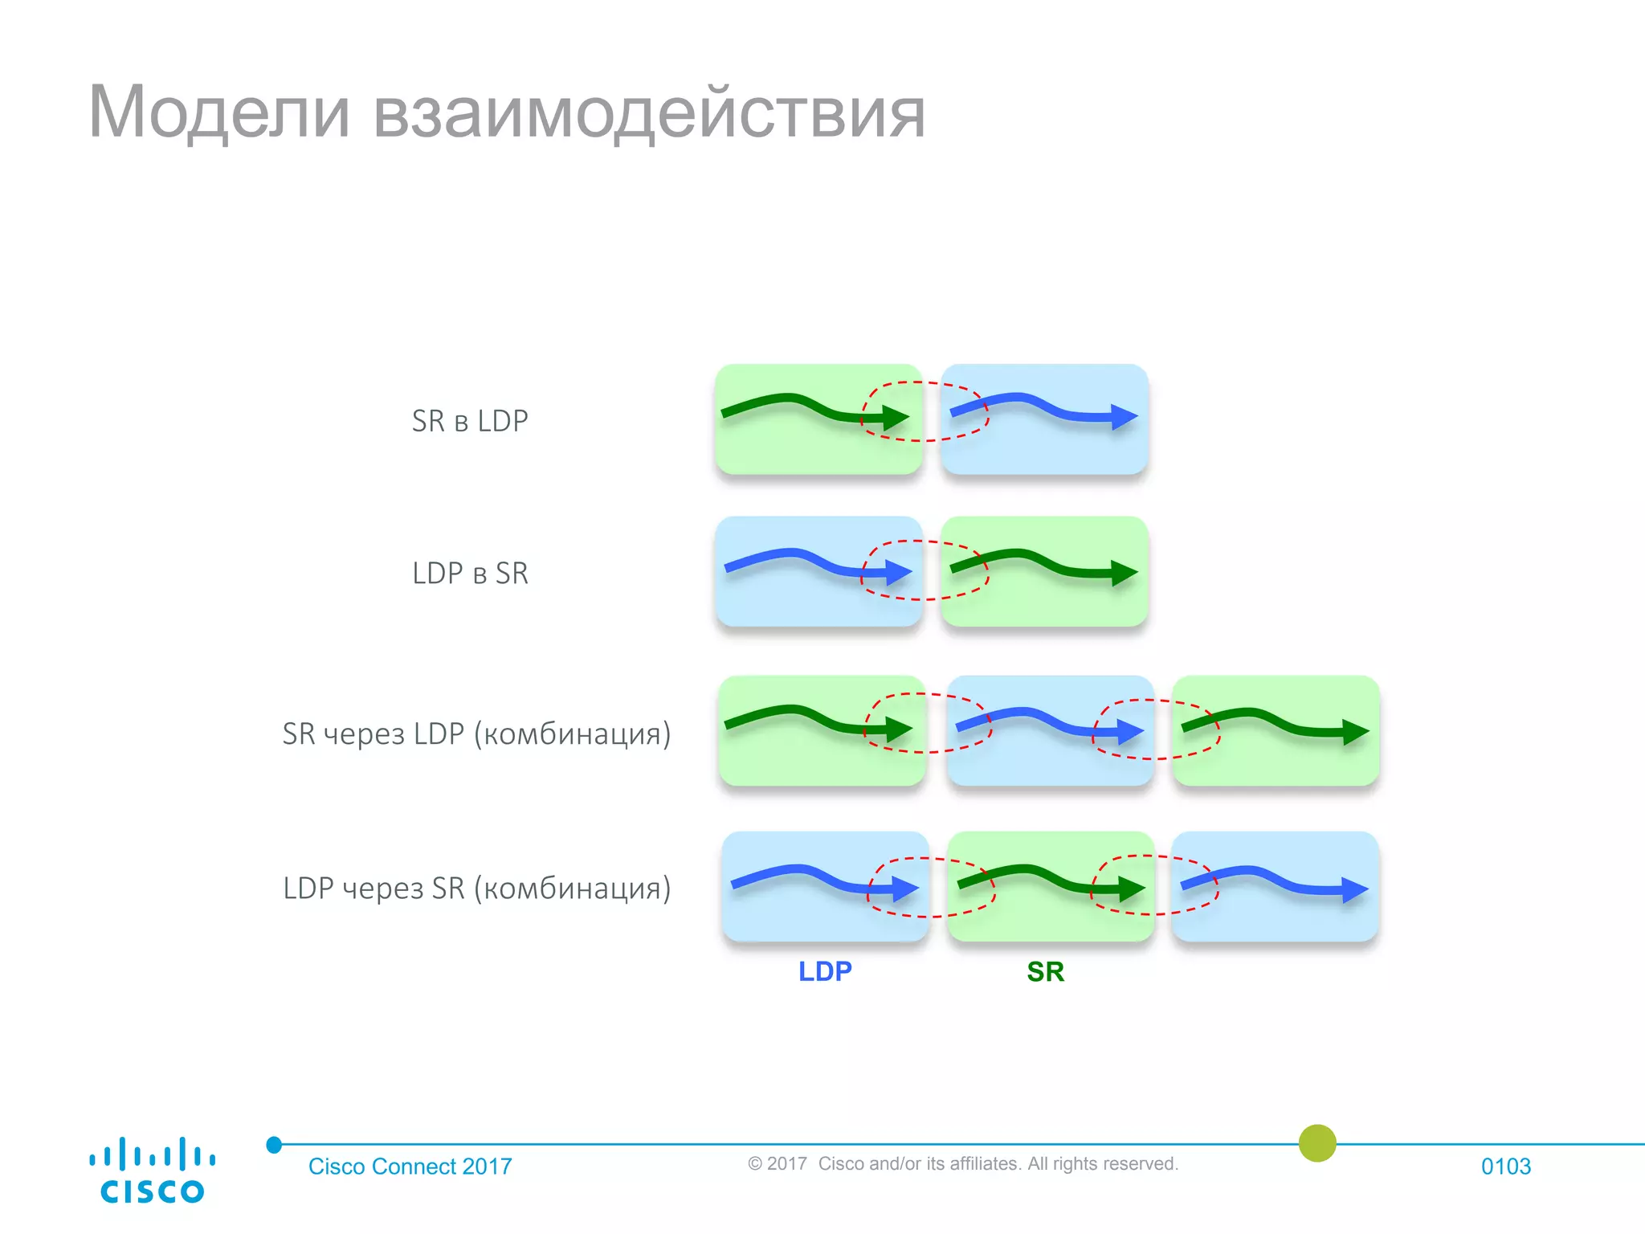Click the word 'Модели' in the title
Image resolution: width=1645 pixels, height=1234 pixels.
[218, 112]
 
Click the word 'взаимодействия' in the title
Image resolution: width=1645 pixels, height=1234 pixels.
[649, 114]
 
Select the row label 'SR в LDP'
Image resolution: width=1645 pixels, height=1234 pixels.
[470, 421]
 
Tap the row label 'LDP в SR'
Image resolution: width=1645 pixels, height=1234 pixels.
[470, 574]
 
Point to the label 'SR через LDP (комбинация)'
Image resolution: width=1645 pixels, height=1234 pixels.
[476, 733]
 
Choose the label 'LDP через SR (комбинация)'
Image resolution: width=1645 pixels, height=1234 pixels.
[476, 889]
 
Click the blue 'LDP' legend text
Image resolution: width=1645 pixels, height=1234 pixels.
[825, 971]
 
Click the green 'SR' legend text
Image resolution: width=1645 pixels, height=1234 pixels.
[1045, 972]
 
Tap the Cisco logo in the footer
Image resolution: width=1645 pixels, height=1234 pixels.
[152, 1171]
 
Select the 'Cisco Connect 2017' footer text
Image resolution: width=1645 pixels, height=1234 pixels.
[410, 1167]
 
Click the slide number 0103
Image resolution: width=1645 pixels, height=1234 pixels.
[1505, 1167]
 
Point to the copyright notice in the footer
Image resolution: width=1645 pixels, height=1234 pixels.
[962, 1164]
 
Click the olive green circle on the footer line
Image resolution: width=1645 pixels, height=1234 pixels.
[1317, 1143]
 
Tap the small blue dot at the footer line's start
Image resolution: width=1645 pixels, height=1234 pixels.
[274, 1145]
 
